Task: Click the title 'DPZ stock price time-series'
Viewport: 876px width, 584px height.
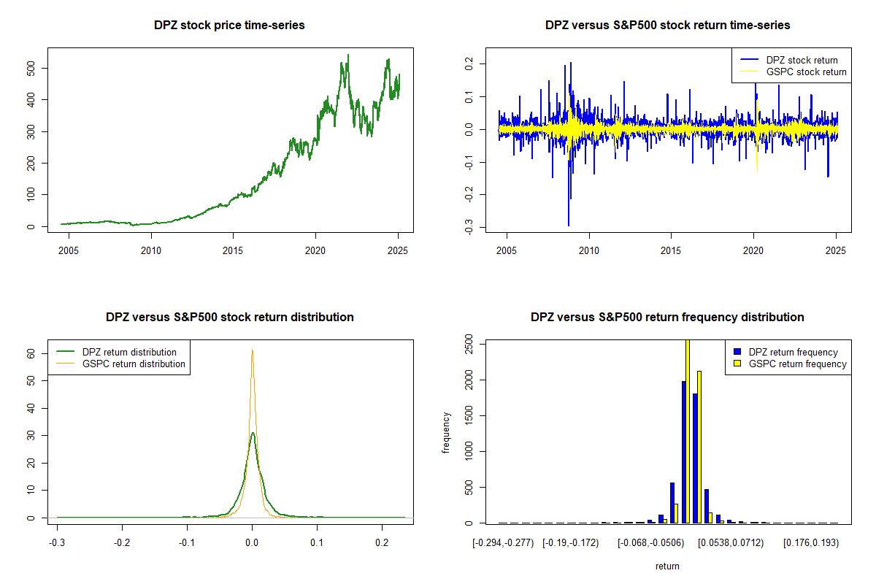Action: tap(229, 26)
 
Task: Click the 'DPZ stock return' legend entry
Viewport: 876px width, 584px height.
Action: tap(801, 60)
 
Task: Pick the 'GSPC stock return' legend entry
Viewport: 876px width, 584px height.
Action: tap(806, 72)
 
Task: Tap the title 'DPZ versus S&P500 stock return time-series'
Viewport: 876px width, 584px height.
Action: tap(667, 26)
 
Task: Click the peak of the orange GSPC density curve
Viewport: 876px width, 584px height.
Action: tap(252, 350)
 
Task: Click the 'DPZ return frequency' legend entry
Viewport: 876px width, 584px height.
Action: tap(793, 352)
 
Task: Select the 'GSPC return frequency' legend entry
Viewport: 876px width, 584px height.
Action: tap(798, 364)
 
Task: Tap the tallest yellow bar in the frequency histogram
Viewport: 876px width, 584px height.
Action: tap(687, 431)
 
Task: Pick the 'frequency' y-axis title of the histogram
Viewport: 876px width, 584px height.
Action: tap(446, 433)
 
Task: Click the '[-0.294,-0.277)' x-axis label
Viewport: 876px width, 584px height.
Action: tap(504, 543)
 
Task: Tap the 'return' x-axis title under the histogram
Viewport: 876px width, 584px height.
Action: tap(667, 566)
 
